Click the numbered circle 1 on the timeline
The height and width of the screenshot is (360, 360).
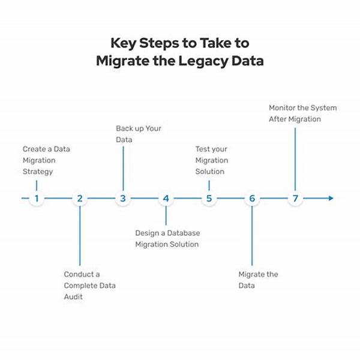[37, 199]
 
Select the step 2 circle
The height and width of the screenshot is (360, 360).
[80, 199]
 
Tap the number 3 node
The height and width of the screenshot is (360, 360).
[123, 199]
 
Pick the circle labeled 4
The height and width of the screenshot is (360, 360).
[166, 199]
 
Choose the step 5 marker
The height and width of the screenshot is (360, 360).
[209, 199]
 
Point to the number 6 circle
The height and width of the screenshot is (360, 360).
[252, 199]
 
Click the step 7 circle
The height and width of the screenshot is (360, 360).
[295, 199]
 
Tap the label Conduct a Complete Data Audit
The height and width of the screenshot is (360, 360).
[90, 286]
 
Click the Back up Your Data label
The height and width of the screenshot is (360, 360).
[138, 134]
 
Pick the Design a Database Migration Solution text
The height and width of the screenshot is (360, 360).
[167, 239]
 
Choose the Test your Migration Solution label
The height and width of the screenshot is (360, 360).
[212, 160]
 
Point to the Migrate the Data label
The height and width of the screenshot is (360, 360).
[258, 280]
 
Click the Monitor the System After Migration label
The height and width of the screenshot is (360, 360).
[302, 113]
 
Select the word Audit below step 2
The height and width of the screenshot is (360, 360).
[74, 297]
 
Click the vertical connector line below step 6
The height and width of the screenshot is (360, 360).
[252, 237]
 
